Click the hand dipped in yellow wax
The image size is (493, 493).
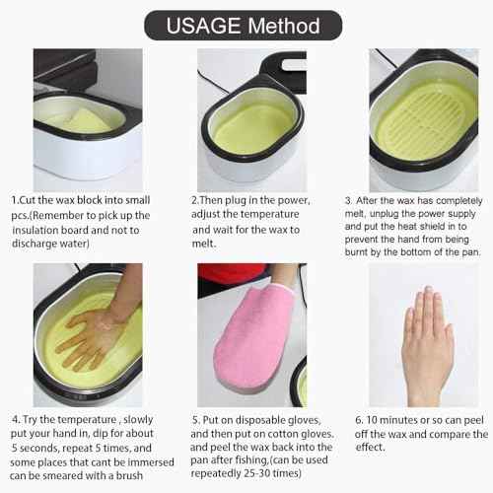click(x=94, y=335)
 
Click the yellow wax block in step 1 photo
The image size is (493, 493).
click(x=79, y=119)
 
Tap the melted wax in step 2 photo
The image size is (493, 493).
click(x=252, y=128)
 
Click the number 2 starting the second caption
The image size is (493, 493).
click(x=194, y=199)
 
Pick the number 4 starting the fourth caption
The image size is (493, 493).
click(x=14, y=419)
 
